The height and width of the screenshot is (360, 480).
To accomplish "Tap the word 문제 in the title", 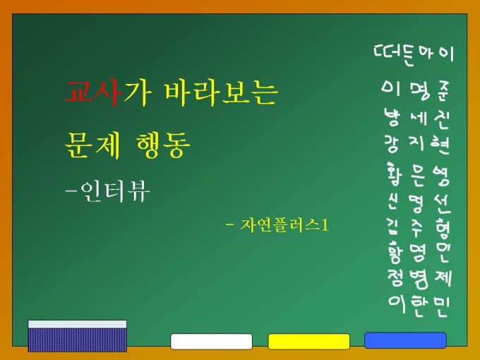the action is point(92,145).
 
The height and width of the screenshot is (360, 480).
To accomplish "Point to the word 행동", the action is point(163,145).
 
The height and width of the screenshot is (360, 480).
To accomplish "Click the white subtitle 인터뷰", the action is point(115,191).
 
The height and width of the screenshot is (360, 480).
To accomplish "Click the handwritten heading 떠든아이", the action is point(413,54).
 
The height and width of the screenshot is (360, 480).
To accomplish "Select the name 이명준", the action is point(415,90).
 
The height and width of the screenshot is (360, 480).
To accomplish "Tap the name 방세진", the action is point(416,118).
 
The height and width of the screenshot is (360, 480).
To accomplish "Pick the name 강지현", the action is point(416,143).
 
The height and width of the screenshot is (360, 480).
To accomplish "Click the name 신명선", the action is point(418,203).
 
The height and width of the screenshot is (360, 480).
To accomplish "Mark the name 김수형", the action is point(419,229).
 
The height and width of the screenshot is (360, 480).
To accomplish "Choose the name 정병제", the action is point(419,279).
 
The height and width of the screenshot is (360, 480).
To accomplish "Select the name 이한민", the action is point(419,306).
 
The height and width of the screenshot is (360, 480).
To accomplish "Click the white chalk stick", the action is point(211,342).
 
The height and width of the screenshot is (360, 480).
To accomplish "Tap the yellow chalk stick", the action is point(309,342).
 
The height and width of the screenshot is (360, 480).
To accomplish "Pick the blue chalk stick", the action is point(405,340).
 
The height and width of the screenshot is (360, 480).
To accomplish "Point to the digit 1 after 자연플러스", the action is point(325,226).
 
